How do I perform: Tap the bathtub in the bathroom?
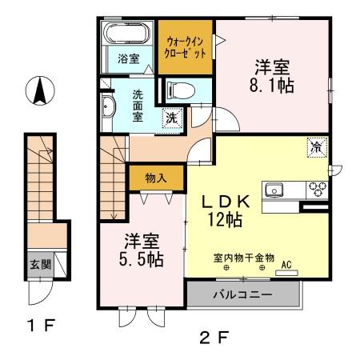coord(124,34)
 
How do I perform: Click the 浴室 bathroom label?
coord(127,58)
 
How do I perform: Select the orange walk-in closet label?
coord(185,46)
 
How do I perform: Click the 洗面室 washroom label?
coord(138,103)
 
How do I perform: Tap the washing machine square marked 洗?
coord(171,118)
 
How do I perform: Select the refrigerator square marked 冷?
coord(317,147)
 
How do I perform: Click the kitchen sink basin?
coord(276,190)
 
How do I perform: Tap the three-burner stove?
coord(318,190)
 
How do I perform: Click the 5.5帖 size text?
coord(143,260)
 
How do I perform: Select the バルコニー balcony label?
coord(242,294)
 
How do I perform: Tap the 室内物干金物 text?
coord(243,258)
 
